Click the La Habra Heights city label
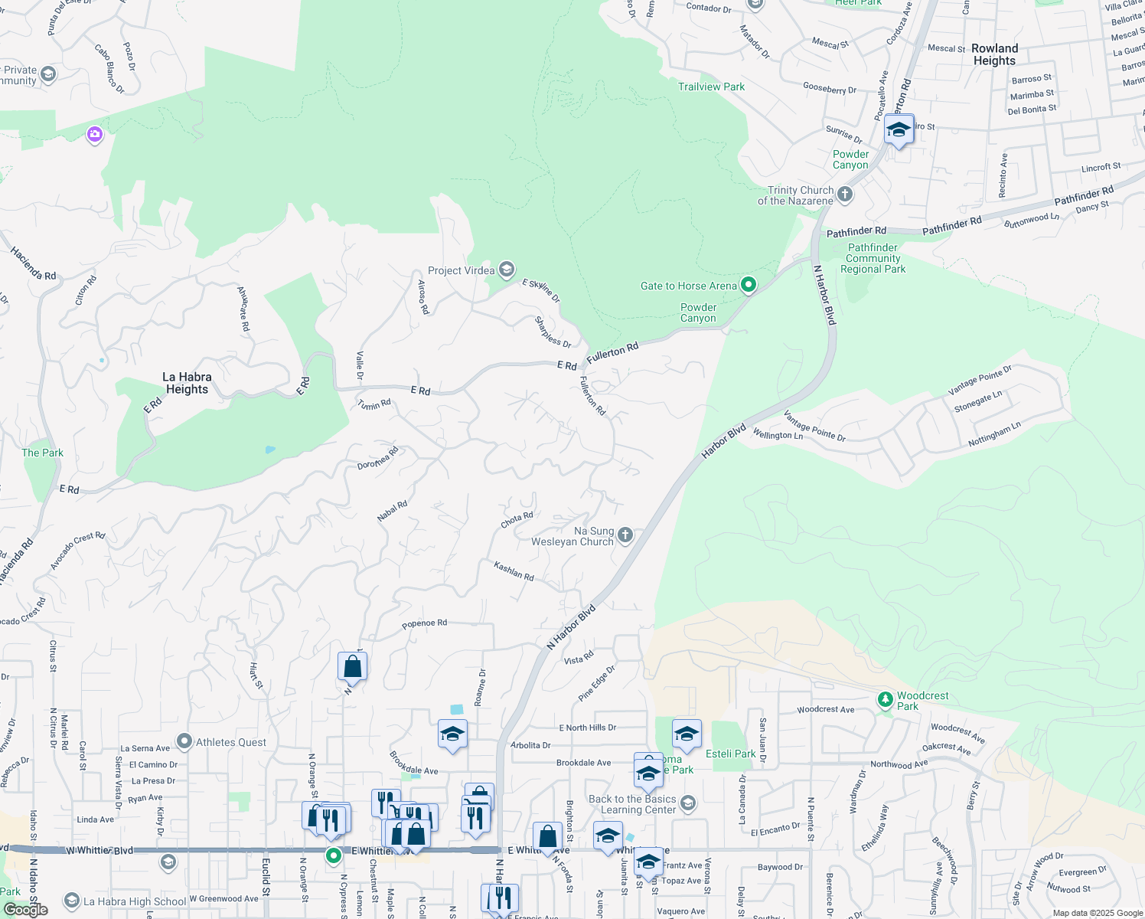187,383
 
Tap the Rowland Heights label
994,54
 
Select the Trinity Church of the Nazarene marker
845,195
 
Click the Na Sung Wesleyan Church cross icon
625,535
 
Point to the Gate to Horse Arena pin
749,286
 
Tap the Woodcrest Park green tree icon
886,699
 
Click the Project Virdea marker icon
506,270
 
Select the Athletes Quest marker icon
184,741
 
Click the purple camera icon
95,135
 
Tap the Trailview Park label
711,87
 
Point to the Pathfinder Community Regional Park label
873,258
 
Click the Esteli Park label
730,754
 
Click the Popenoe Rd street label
424,623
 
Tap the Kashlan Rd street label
514,571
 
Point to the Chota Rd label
517,520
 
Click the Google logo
26,910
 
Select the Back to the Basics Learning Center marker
688,803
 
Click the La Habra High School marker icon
72,901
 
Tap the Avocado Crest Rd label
77,551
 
